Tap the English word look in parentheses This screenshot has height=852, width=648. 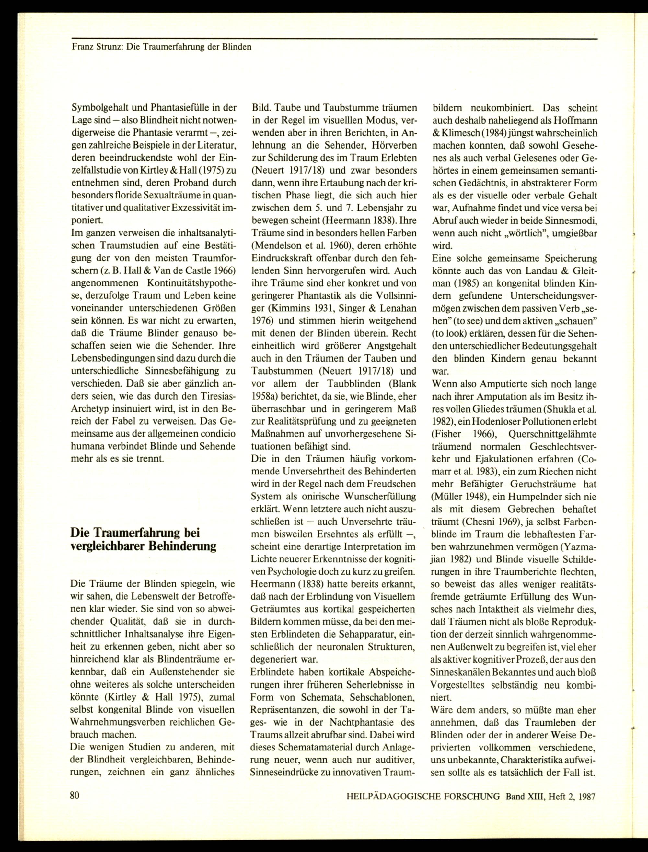coord(452,333)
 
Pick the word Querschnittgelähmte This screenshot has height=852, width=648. coord(553,434)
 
